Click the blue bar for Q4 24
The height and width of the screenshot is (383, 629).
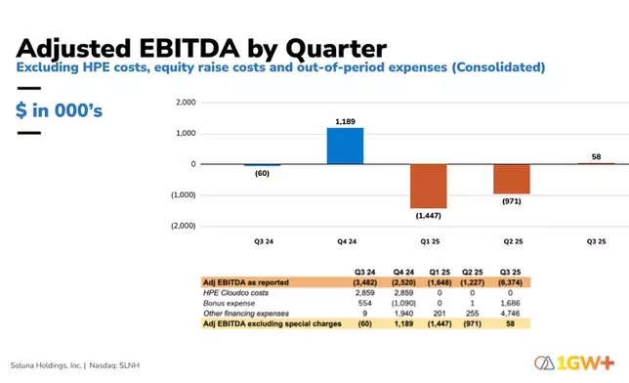click(x=345, y=146)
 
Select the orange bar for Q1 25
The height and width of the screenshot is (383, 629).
click(x=428, y=186)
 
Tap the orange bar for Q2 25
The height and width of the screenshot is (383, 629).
click(x=511, y=179)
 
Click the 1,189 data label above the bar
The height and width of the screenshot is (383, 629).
click(x=345, y=121)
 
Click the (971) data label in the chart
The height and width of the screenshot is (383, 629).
click(x=511, y=200)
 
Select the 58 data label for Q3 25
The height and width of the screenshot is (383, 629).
click(x=595, y=155)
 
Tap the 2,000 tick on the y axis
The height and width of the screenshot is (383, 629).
click(x=185, y=102)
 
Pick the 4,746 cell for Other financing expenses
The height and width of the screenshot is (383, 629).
click(x=592, y=312)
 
